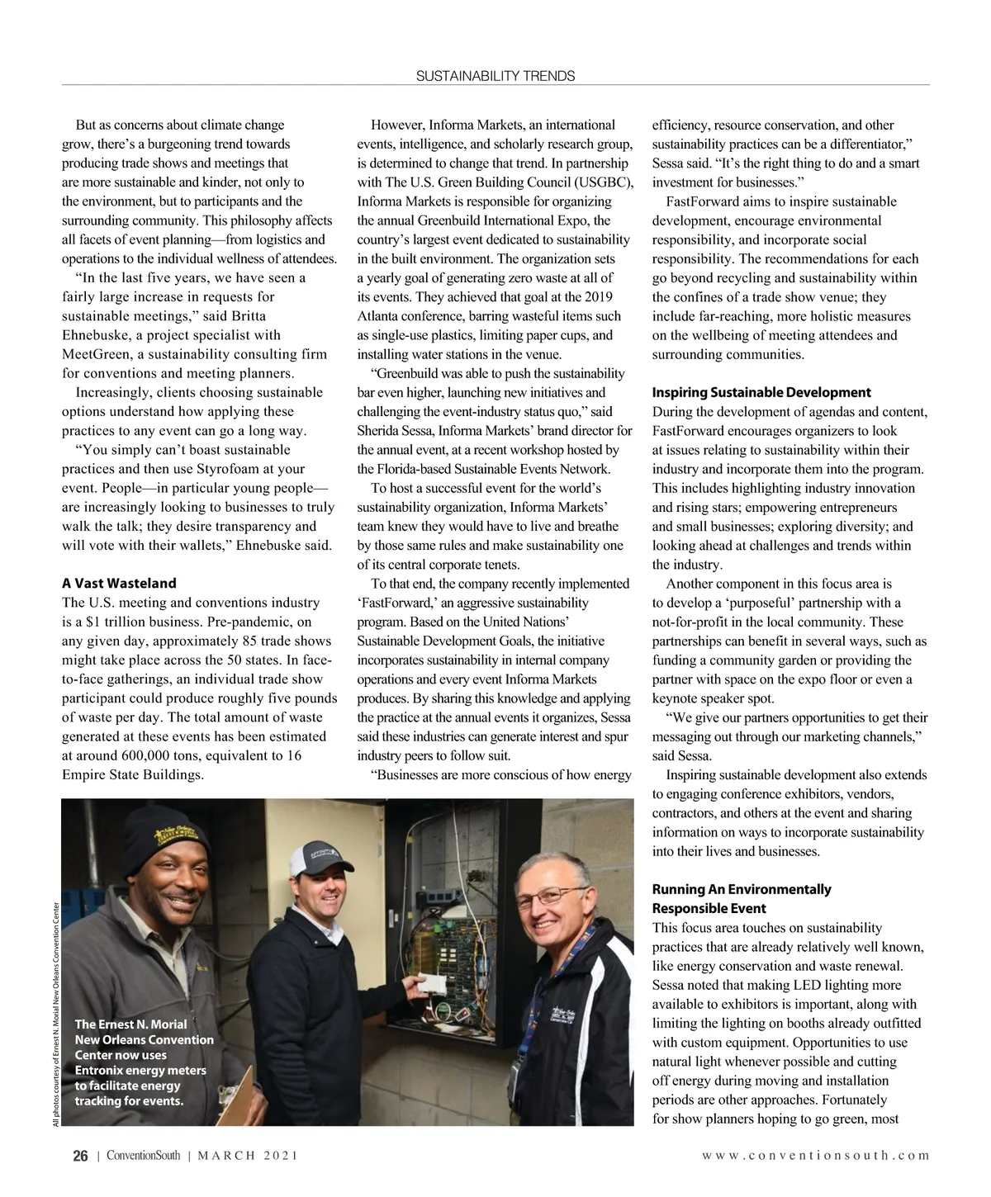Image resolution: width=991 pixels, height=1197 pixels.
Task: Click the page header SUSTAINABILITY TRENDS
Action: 495,76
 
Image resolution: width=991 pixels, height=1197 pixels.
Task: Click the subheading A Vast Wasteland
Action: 119,584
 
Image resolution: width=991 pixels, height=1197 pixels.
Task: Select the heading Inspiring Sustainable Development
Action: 761,392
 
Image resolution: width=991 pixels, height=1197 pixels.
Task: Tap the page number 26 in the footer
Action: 79,1157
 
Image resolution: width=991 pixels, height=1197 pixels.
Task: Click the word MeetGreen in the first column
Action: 92,354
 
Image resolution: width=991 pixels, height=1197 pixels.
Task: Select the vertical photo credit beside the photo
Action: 55,1011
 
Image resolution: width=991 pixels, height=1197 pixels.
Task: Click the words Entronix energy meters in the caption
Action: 140,1070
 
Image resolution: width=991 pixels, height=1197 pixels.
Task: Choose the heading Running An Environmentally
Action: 741,889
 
